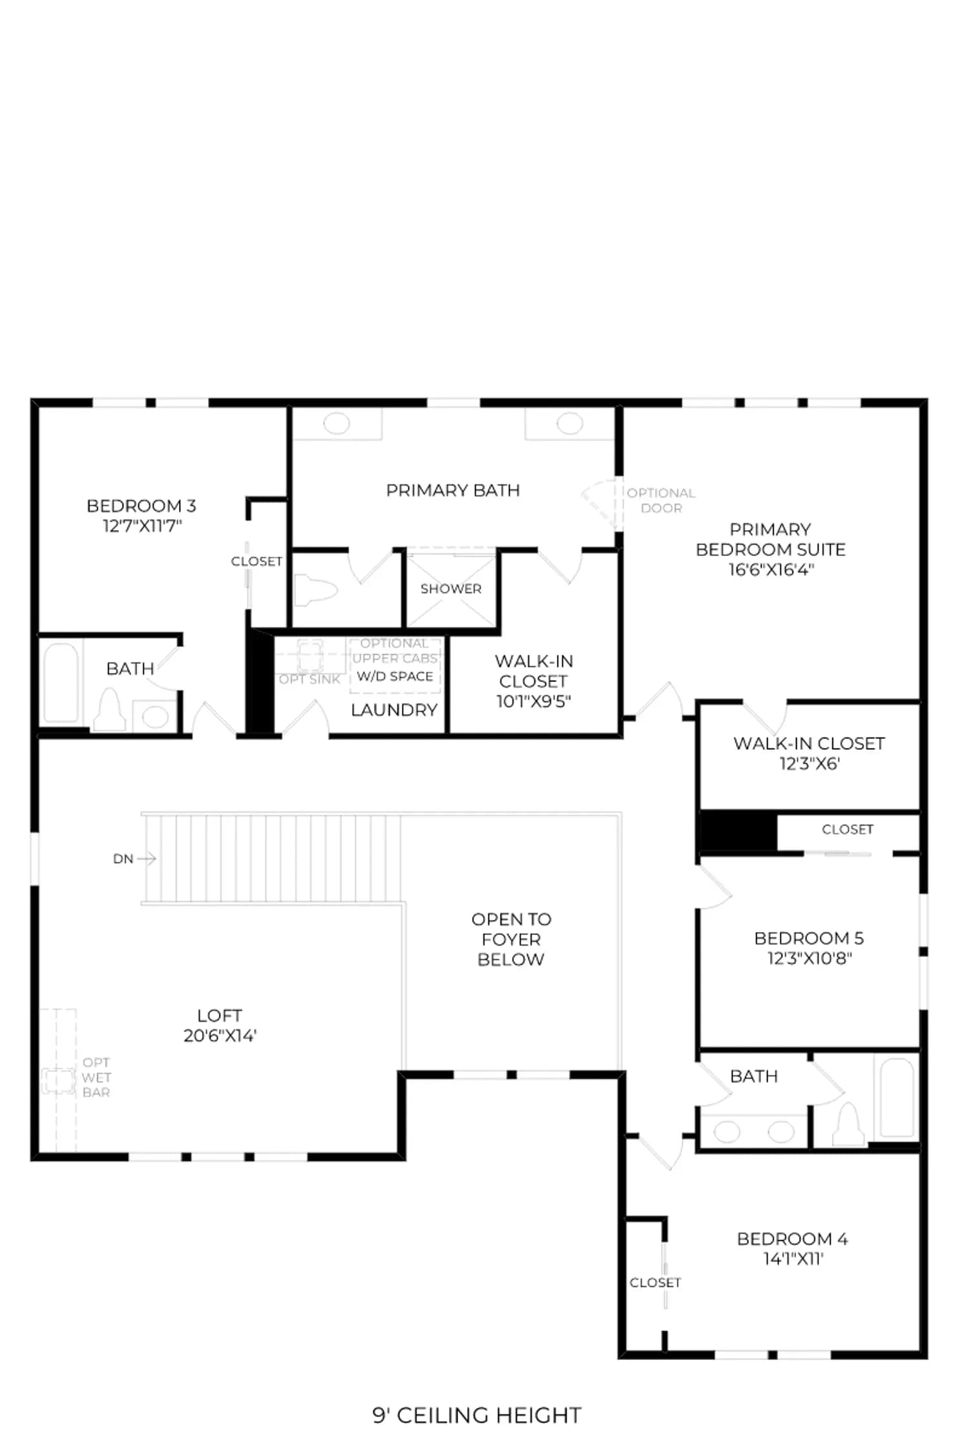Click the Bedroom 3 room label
tap(141, 506)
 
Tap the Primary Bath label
tap(453, 490)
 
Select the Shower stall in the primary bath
tap(452, 590)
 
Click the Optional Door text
tap(661, 500)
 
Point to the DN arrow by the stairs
tap(146, 858)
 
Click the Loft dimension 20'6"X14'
tap(220, 1035)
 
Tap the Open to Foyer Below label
tap(511, 939)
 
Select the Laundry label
tap(394, 710)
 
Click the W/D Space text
tap(395, 676)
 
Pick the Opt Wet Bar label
tap(96, 1077)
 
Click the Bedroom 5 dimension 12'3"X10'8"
tap(809, 958)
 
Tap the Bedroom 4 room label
tap(792, 1239)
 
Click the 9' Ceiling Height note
tap(477, 1416)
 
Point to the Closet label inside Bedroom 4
tap(655, 1283)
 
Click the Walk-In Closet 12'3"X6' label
tap(809, 753)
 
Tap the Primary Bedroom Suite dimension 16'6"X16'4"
tap(771, 570)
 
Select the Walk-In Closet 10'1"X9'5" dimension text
tap(533, 701)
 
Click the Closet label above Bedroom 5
tap(848, 829)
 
